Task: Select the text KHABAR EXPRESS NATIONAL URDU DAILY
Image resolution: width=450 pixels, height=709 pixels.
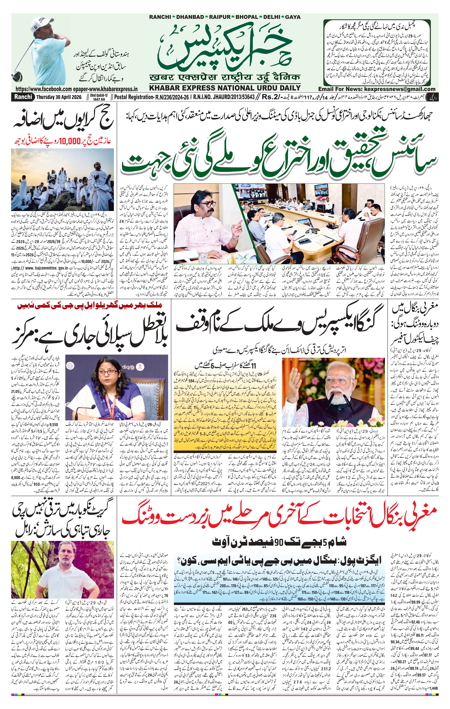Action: click(225, 88)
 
